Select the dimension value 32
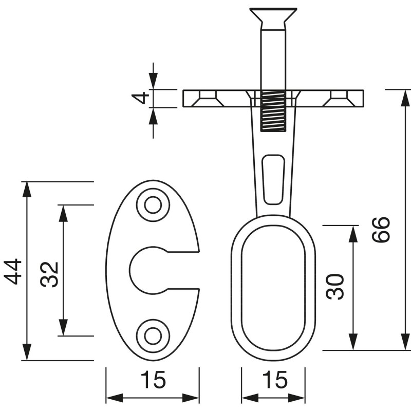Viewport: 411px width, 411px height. coord(49,274)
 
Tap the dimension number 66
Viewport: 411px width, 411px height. coord(381,230)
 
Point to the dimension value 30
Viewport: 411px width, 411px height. coord(334,287)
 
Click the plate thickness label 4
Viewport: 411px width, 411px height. coord(140,98)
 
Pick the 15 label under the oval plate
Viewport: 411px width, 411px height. coord(153,380)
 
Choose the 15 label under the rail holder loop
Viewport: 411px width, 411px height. coord(274,380)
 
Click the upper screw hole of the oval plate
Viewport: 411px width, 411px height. coord(153,205)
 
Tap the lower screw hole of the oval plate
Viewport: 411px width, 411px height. coord(153,336)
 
